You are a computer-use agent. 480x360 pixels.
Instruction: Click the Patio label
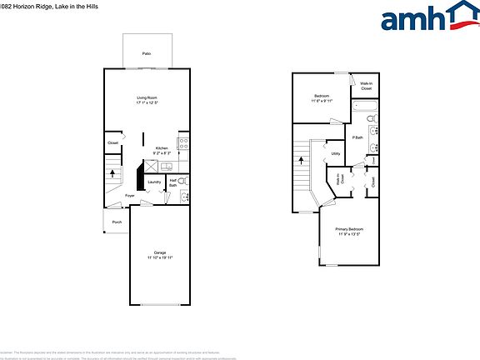tap(147, 53)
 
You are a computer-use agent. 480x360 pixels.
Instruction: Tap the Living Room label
tap(147, 97)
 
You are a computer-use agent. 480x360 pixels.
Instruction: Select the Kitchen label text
tap(162, 148)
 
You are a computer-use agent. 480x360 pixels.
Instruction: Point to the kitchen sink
tap(165, 166)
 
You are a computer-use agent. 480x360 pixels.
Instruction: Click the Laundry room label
tap(154, 182)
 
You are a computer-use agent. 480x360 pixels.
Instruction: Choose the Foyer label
tap(130, 196)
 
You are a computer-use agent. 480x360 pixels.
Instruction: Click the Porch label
tap(117, 222)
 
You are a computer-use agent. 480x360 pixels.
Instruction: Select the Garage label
tap(159, 252)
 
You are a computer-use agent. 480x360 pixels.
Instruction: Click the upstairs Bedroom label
tap(322, 97)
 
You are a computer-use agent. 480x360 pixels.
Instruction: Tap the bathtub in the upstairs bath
tap(364, 107)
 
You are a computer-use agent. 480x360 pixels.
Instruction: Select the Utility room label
tap(336, 153)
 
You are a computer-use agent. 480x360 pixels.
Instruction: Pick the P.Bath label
tap(357, 137)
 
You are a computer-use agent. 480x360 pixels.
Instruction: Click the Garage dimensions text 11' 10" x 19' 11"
tap(159, 258)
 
